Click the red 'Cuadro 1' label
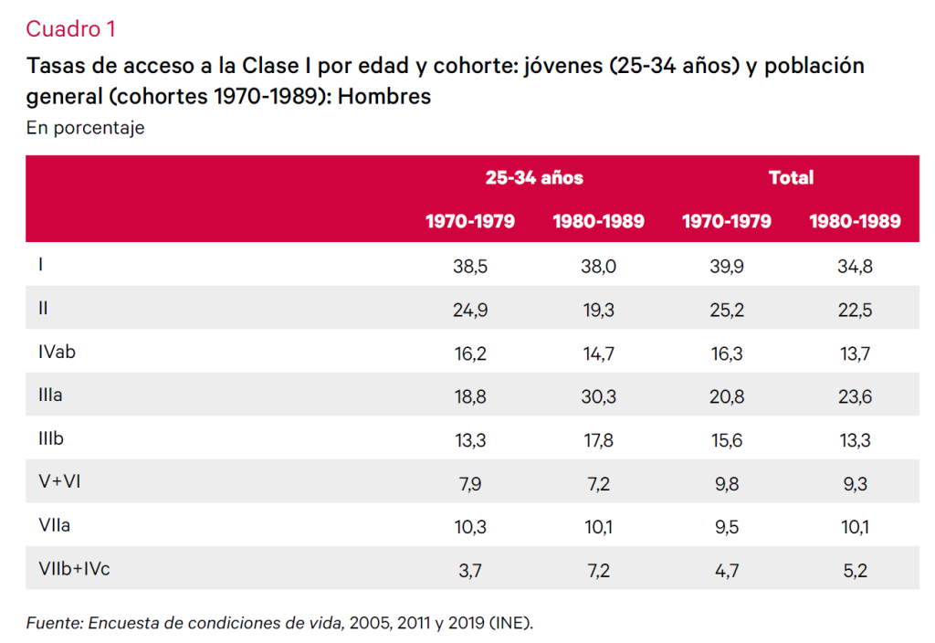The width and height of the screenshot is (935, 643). click(x=70, y=29)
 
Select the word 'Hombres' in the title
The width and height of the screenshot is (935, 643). click(x=384, y=96)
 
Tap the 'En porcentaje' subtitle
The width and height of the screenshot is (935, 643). click(x=85, y=128)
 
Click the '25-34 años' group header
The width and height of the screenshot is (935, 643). click(x=534, y=177)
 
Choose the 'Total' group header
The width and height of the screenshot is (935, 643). click(x=791, y=177)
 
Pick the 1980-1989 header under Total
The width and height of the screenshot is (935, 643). click(x=855, y=221)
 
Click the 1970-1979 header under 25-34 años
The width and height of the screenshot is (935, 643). click(x=470, y=221)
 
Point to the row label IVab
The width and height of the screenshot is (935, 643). click(x=57, y=353)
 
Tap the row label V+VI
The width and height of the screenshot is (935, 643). click(x=59, y=482)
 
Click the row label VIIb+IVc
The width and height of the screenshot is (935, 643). click(x=75, y=569)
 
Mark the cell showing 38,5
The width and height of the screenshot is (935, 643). click(x=470, y=266)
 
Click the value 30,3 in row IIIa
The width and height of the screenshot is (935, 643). click(x=598, y=395)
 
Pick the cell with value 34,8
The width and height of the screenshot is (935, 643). click(x=855, y=266)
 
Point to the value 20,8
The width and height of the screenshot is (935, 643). click(x=727, y=395)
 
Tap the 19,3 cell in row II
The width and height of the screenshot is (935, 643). click(x=598, y=310)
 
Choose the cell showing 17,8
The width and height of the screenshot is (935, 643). click(x=598, y=439)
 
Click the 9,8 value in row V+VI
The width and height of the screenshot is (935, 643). click(x=727, y=482)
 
